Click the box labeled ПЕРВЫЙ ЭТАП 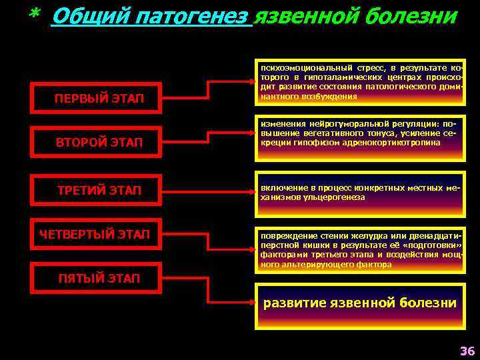(99, 99)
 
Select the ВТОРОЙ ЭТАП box (99, 141)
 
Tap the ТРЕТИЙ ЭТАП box (99, 191)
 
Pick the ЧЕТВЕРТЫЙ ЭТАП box (95, 234)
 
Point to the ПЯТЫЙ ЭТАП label (99, 278)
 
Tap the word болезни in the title (408, 16)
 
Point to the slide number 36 (467, 351)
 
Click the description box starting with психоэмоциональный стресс (360, 82)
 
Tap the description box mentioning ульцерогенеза (360, 192)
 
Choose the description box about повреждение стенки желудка (360, 251)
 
